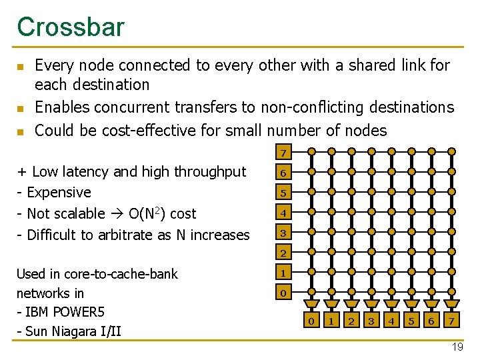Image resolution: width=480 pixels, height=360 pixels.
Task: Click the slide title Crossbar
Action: pyautogui.click(x=71, y=27)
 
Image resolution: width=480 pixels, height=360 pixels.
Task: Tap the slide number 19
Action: pyautogui.click(x=457, y=347)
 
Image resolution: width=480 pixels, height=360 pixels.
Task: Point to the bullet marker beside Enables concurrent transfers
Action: pyautogui.click(x=21, y=108)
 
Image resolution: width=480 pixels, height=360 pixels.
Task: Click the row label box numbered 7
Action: pyautogui.click(x=283, y=153)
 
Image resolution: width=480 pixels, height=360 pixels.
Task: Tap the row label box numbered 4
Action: pyautogui.click(x=283, y=214)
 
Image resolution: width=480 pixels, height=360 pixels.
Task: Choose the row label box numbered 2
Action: pyautogui.click(x=283, y=253)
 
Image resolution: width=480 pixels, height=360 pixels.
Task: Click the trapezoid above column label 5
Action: pyautogui.click(x=411, y=308)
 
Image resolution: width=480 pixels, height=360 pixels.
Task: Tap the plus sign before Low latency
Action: pyautogui.click(x=22, y=172)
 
